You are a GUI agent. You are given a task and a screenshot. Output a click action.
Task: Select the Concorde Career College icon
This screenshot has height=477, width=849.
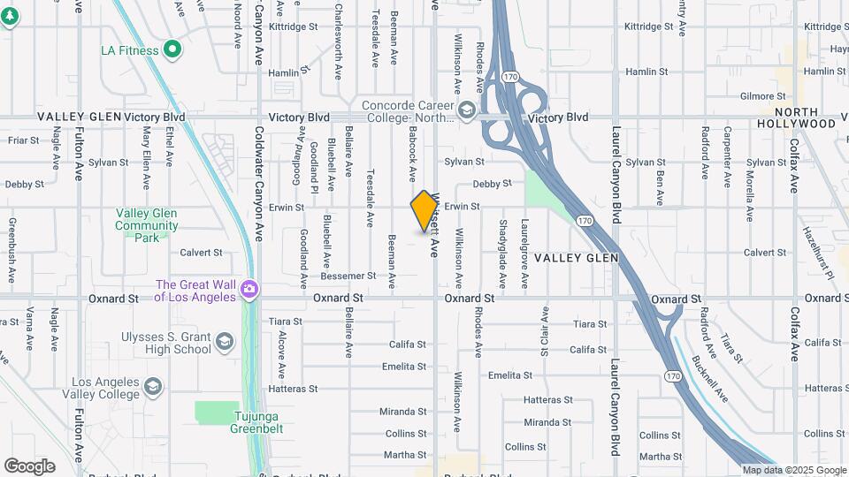click(466, 111)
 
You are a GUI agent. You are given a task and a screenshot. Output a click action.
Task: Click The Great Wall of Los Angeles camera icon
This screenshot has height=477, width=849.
click(249, 289)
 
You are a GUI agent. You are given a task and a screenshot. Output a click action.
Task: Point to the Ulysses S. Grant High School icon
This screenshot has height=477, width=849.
click(225, 342)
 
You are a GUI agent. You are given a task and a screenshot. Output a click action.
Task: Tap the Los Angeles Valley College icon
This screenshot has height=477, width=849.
click(153, 387)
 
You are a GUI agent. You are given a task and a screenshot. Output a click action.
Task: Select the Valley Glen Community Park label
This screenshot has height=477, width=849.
click(146, 225)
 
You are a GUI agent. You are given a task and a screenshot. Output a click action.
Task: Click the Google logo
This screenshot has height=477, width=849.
click(29, 466)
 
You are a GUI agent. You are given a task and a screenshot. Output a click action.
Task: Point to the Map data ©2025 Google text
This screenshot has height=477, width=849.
click(793, 470)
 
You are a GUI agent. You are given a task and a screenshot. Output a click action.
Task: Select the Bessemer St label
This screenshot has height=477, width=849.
click(348, 276)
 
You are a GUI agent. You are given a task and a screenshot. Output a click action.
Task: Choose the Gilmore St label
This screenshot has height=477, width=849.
click(763, 95)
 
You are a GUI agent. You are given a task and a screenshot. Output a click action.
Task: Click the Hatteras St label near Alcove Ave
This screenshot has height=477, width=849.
click(287, 389)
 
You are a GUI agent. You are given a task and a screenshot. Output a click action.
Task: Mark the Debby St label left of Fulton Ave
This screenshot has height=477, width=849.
click(23, 185)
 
